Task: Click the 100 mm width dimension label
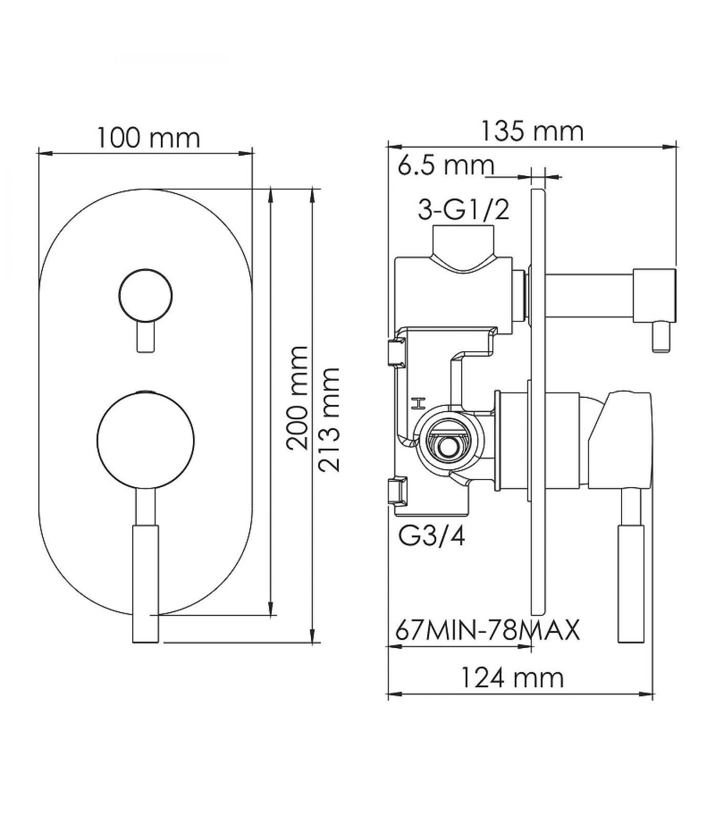(x=148, y=138)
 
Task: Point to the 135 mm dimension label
(x=532, y=131)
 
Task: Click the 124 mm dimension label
(x=512, y=678)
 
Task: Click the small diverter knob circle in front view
(x=146, y=296)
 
